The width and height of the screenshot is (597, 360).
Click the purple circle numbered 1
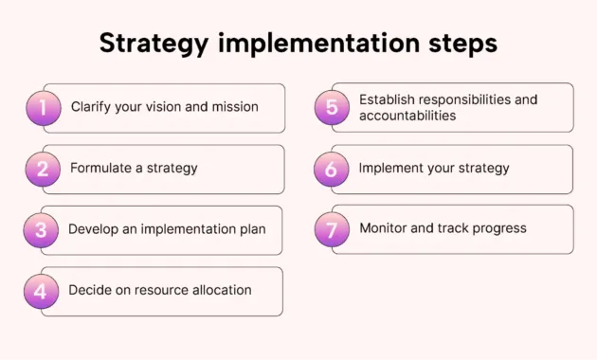pyautogui.click(x=44, y=107)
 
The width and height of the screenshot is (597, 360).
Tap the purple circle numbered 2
pyautogui.click(x=44, y=169)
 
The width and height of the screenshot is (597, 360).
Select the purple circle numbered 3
pyautogui.click(x=41, y=229)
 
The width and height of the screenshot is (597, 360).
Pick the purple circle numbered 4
pyautogui.click(x=41, y=291)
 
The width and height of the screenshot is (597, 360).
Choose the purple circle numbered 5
pyautogui.click(x=332, y=107)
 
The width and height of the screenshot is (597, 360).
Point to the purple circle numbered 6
pyautogui.click(x=332, y=169)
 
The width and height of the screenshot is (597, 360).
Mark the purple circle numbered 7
pyautogui.click(x=332, y=229)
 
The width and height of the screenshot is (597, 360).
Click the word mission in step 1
pyautogui.click(x=234, y=107)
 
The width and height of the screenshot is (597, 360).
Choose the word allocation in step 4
pyautogui.click(x=218, y=290)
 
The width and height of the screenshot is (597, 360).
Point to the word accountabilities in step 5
pyautogui.click(x=407, y=116)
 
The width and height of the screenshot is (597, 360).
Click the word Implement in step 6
pyautogui.click(x=391, y=169)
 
